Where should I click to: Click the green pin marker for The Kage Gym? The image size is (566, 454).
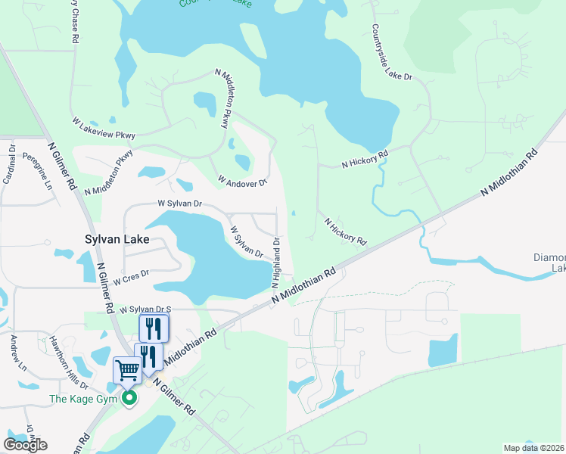click(129, 397)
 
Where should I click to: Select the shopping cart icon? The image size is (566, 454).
click(127, 371)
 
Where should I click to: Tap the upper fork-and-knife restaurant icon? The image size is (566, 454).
click(154, 328)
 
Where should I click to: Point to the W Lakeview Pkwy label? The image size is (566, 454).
click(104, 128)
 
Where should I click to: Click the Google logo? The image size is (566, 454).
click(25, 445)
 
